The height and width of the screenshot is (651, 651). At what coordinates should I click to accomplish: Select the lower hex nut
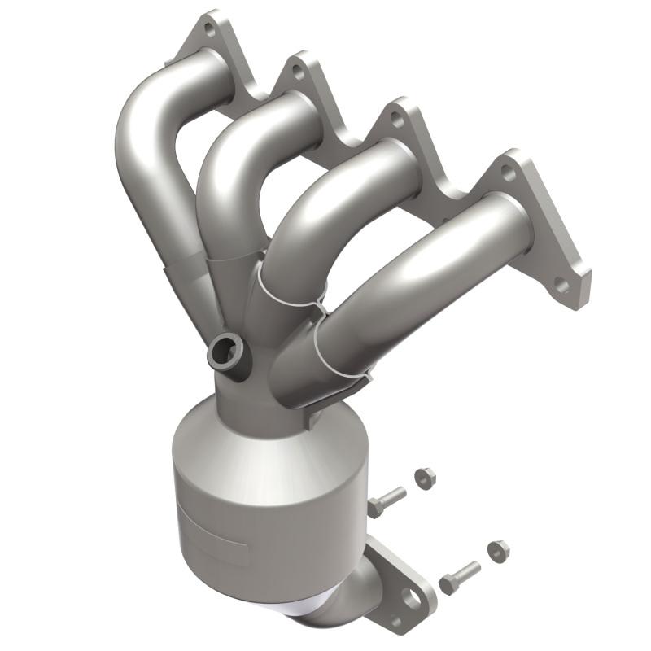pos(498,551)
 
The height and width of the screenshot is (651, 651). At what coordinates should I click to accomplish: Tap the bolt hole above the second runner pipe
pos(298,72)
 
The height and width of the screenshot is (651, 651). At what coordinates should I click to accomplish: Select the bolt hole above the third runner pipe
pos(396,119)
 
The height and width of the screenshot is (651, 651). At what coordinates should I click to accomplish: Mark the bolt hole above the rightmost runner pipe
pos(507,173)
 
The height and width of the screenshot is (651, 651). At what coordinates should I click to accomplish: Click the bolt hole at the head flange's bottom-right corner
pos(561,284)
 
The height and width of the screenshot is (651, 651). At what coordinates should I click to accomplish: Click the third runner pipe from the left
pos(342,212)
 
